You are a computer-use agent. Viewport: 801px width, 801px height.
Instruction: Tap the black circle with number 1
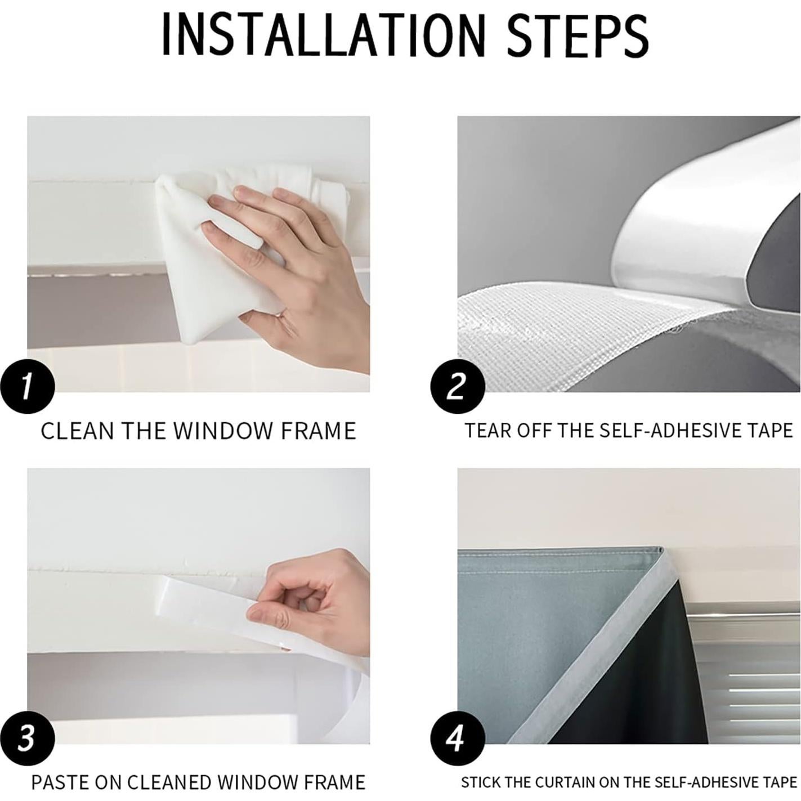(28, 386)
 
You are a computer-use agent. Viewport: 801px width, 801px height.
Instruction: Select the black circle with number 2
(458, 386)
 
